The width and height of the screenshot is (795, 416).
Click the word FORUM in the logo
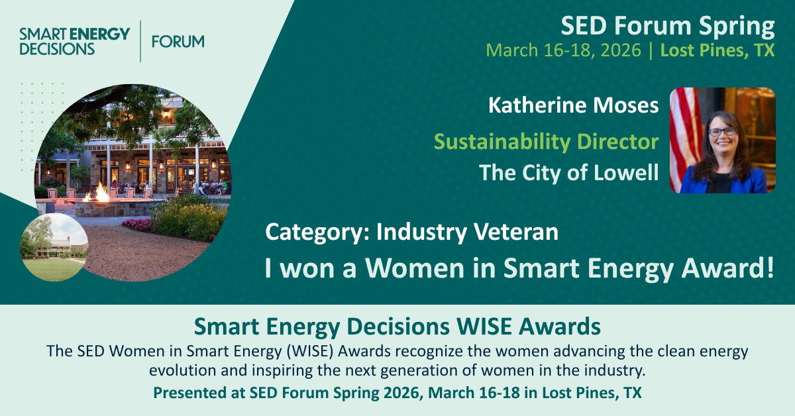tap(178, 42)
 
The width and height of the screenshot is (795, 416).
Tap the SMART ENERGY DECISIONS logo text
tap(74, 42)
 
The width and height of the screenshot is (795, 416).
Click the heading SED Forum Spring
tap(668, 26)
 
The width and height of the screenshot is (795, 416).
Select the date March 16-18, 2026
tap(563, 50)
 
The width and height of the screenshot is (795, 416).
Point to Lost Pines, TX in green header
tap(717, 50)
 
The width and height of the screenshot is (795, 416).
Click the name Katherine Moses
tap(573, 105)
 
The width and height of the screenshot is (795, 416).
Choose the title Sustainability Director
tap(546, 142)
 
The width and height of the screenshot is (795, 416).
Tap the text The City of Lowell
tap(569, 173)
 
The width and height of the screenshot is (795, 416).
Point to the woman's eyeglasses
tap(722, 132)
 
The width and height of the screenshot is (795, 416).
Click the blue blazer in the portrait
tap(724, 180)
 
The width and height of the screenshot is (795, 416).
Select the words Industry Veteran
tap(468, 232)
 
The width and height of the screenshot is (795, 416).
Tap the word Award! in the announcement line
tap(727, 268)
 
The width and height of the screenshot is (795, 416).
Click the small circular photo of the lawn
tap(54, 247)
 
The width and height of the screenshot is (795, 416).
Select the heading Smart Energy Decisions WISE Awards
tap(397, 326)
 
